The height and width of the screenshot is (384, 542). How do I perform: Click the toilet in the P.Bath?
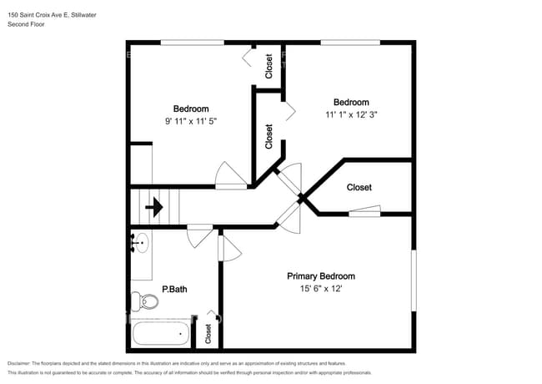[x=144, y=301]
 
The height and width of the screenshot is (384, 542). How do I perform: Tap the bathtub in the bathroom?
[x=161, y=333]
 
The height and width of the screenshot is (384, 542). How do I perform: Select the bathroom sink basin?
[x=142, y=243]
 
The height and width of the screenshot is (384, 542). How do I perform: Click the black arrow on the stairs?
[x=154, y=207]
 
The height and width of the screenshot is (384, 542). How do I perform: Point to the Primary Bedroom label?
[x=321, y=276]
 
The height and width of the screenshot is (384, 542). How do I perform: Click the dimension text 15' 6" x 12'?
[x=321, y=289]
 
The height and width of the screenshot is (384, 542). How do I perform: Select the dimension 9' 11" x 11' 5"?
[x=191, y=121]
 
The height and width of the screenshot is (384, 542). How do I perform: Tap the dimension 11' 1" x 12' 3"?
[x=351, y=114]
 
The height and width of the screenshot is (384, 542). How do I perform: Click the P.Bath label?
[x=174, y=289]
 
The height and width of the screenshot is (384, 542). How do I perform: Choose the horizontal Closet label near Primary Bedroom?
[x=359, y=188]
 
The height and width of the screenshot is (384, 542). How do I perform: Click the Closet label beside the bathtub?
[x=208, y=334]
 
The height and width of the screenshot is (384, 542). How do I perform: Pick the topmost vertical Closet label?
[x=268, y=67]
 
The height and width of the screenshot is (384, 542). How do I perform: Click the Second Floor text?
[x=26, y=24]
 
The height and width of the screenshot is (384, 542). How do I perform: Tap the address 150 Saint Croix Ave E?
[x=38, y=15]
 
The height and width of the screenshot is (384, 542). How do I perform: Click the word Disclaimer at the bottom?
[x=19, y=363]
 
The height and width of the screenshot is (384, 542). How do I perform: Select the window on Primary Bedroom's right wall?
[x=414, y=280]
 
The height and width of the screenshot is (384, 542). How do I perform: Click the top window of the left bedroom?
[x=193, y=43]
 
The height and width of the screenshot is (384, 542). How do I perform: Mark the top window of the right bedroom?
[x=350, y=43]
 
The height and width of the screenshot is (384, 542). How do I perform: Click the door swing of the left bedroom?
[x=231, y=175]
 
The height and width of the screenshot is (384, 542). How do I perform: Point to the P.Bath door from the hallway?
[x=200, y=236]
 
